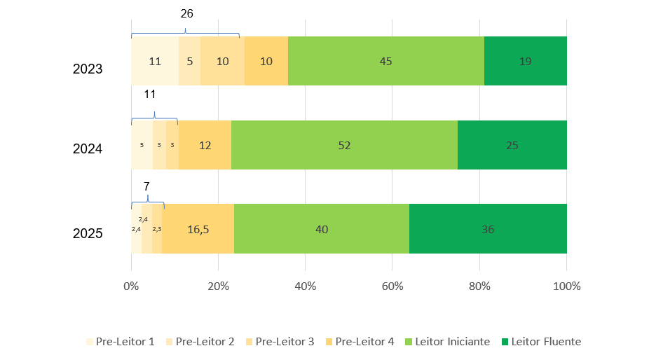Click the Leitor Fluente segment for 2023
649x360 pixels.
coord(525,61)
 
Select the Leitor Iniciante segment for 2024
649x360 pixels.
coord(344,145)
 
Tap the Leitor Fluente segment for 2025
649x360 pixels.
coord(488,228)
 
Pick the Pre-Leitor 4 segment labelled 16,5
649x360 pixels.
coord(198,228)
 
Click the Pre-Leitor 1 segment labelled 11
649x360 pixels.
coord(155,61)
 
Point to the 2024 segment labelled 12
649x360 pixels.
coord(205,145)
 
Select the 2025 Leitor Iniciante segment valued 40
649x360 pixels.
coord(322,228)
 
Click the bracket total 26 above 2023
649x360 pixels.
coord(186,13)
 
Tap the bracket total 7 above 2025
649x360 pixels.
coord(146,186)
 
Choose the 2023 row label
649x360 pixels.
coord(88,69)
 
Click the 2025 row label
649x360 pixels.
coord(88,234)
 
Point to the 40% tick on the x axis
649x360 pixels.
coord(306,286)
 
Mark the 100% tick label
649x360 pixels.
coord(566,286)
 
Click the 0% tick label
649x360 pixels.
coord(131,286)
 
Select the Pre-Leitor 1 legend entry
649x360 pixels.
coord(120,342)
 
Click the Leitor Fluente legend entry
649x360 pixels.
coord(541,342)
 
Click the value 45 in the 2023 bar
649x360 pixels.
coord(385,61)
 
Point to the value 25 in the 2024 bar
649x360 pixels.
coord(512,145)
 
